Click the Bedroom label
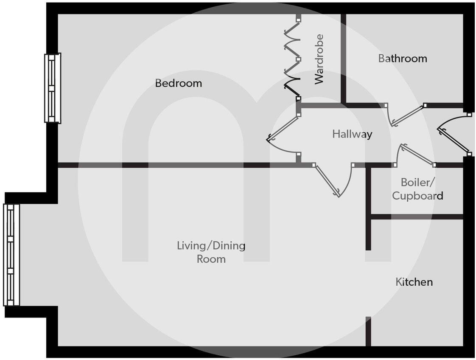pos(178,83)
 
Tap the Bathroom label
pos(402,58)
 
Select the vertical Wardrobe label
pos(319,59)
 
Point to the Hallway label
pos(352,135)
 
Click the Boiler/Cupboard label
pos(417,189)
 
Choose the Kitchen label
pos(414,282)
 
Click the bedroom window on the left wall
pos(53,88)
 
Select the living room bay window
pos(11,255)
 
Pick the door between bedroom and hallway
pos(282,135)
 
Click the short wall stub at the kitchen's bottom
pos(368,331)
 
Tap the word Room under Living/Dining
pos(211,259)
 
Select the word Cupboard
pos(417,196)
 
